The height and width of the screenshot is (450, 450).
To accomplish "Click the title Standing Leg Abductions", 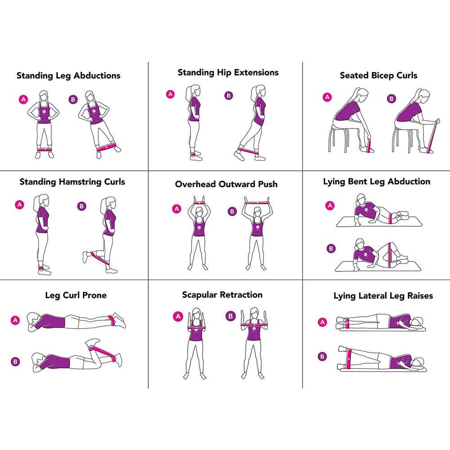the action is [x=68, y=76].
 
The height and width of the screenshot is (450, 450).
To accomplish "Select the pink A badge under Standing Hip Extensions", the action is [x=170, y=94].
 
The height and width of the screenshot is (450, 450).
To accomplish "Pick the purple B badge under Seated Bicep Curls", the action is [x=391, y=99].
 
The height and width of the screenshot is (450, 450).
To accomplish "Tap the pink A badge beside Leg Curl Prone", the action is [x=15, y=320].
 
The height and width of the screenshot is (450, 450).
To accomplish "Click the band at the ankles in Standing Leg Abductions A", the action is [x=44, y=149].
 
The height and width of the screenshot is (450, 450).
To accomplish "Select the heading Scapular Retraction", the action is [x=222, y=295].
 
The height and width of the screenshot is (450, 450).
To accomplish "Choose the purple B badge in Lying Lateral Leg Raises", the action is [x=322, y=357].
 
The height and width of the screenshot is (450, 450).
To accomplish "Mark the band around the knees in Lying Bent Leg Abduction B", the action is [x=389, y=255].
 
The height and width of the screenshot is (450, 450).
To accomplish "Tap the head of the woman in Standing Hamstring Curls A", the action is [x=42, y=200].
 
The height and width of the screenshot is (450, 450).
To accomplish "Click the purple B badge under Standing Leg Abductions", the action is [x=73, y=99].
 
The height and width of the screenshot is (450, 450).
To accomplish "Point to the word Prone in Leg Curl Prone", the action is [x=94, y=295].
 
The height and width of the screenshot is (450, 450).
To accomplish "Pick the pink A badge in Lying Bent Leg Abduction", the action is [x=330, y=206].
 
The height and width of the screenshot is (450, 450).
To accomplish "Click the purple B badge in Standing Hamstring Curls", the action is [x=82, y=207].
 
